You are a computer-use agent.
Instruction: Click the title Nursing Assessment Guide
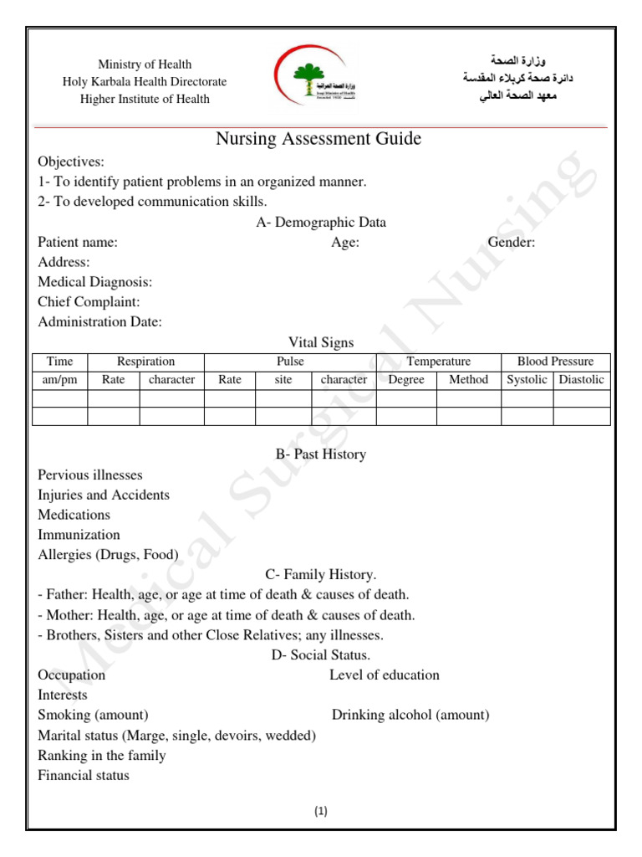coord(318,139)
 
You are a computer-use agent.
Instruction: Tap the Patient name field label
coord(78,243)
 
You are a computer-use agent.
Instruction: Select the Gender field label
coord(512,243)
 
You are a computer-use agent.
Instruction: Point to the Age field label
coord(345,243)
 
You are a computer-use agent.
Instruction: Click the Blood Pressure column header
coord(555,362)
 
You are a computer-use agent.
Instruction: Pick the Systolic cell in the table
coord(527,380)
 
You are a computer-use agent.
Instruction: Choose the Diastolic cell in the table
coord(581,380)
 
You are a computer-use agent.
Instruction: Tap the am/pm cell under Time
coord(59,380)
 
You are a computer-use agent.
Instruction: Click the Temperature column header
coord(438,362)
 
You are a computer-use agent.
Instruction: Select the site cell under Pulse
coord(283,380)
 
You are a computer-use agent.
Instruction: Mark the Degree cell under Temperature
coord(406,380)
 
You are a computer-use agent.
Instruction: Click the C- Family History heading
coord(321,575)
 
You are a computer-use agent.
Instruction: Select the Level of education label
coord(384,675)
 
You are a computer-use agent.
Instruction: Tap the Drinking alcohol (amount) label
coord(410,716)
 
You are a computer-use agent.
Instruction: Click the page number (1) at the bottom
coord(321,811)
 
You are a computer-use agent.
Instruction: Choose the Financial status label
coord(84,776)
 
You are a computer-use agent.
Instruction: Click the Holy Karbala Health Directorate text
coord(145,82)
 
